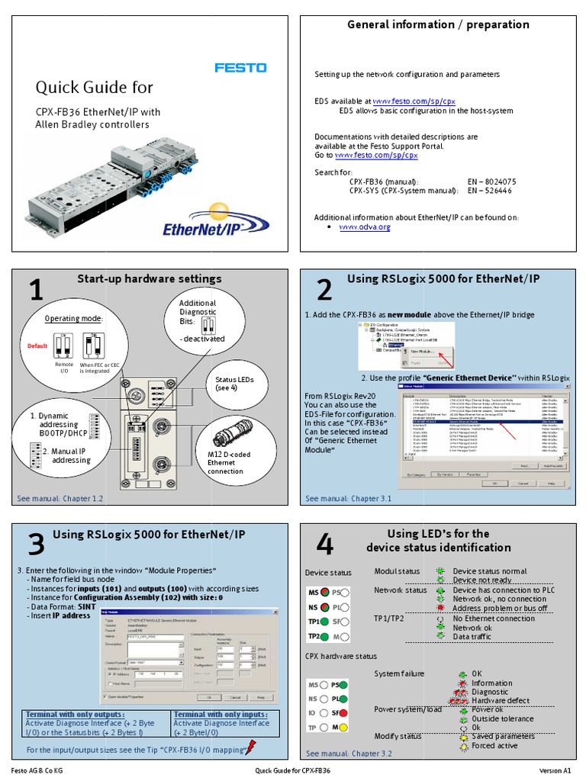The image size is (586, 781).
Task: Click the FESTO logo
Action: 240,68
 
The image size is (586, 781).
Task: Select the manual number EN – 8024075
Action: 491,182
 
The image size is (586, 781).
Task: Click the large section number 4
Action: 324,545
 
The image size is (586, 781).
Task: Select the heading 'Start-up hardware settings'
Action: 149,279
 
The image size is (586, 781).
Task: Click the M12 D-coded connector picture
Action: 231,439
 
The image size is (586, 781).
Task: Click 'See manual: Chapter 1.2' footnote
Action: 60,499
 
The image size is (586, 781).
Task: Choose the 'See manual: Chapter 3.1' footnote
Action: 348,499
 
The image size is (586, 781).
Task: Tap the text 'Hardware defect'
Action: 500,700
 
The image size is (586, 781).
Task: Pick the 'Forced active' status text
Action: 496,745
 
